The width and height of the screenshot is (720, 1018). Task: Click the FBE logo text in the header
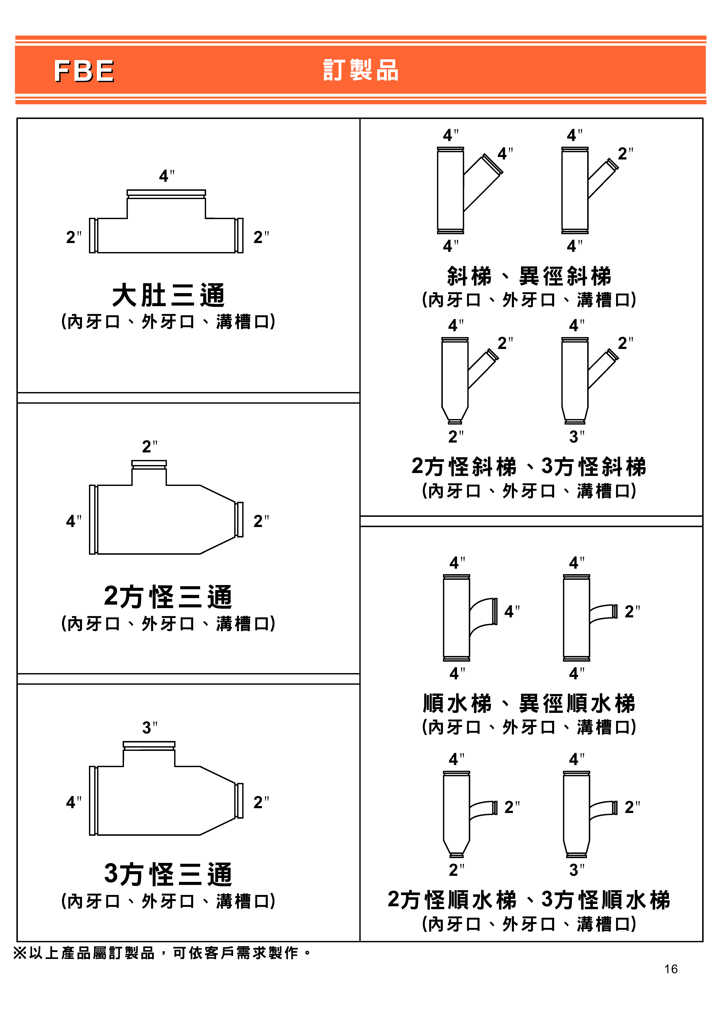[x=84, y=71]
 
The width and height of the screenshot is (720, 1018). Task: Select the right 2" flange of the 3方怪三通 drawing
[x=240, y=801]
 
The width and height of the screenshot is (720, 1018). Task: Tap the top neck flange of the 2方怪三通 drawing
[x=149, y=464]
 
